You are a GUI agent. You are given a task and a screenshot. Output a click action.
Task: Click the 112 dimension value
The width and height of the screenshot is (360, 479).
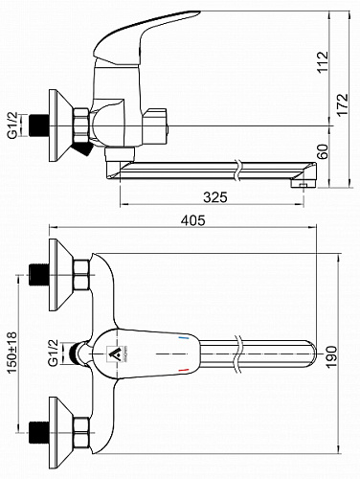coord(323,62)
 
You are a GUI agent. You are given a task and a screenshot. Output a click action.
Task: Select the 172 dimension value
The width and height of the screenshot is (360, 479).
coord(344,105)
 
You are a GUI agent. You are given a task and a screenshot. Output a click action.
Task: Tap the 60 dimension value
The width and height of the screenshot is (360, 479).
coord(323,152)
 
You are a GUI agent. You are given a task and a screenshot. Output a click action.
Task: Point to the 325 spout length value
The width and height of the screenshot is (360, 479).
coord(215,197)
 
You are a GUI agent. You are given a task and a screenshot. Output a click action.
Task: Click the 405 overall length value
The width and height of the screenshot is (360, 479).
coord(193,220)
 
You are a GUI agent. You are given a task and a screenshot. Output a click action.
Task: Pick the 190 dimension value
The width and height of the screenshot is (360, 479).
coord(332,356)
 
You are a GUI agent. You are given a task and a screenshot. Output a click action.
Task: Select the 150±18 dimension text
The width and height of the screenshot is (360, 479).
coord(11,353)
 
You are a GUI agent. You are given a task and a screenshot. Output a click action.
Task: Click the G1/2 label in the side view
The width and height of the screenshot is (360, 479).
coord(12,125)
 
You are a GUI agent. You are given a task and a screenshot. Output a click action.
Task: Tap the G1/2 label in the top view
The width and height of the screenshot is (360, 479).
coord(53,353)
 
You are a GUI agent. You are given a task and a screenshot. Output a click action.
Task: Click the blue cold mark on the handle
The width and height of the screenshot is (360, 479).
coord(183,337)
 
